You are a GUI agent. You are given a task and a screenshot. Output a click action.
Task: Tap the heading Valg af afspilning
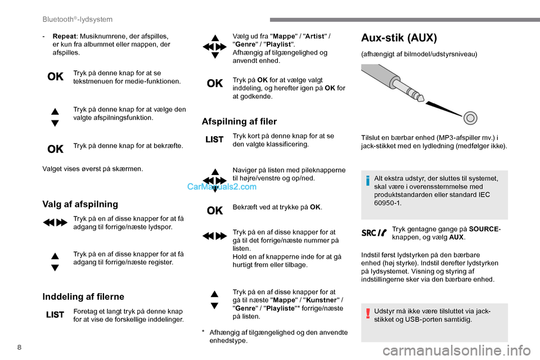coord(80,204)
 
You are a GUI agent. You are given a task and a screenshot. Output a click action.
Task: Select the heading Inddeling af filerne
coord(83,296)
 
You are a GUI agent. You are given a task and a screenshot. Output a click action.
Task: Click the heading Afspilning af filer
coord(239,121)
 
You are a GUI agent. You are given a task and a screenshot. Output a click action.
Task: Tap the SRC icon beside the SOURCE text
coord(374,232)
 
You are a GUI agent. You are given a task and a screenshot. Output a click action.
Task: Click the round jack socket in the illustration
coord(471,118)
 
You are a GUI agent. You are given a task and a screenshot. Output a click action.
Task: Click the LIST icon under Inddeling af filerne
coord(55,316)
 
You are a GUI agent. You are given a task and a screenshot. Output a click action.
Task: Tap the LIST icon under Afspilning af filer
coord(214,139)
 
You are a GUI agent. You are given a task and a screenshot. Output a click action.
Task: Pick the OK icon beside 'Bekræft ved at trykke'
coord(214,210)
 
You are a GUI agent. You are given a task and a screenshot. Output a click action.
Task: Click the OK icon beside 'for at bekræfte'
coord(55,149)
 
